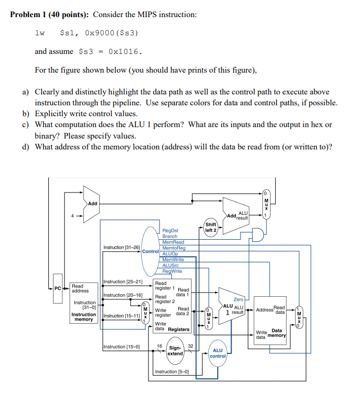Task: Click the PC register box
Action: point(58,288)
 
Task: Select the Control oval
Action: point(149,251)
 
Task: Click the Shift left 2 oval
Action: point(210,227)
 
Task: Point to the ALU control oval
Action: point(218,353)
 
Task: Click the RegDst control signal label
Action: point(170,230)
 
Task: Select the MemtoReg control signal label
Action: point(174,248)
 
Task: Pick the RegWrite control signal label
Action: point(172,271)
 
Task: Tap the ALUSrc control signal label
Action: point(171,265)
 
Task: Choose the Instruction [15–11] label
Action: point(122,315)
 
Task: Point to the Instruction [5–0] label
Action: point(171,372)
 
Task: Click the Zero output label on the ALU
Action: point(238,299)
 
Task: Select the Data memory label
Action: point(277,333)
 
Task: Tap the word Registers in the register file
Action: point(179,329)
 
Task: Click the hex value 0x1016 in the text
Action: point(125,51)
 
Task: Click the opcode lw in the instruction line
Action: point(39,33)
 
